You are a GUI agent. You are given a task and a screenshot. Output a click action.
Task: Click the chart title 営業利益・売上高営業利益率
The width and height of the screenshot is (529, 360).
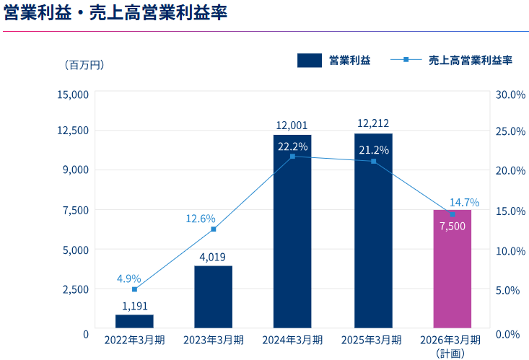coord(115,14)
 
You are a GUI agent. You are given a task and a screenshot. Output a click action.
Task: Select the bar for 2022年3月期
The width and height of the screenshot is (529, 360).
coord(134,320)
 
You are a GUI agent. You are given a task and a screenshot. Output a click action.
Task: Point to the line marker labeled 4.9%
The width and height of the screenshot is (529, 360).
coord(134,289)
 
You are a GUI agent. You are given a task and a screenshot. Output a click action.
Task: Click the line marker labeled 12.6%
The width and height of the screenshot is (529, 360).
coord(214,229)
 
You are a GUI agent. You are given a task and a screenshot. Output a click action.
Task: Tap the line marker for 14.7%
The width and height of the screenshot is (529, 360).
coord(453,214)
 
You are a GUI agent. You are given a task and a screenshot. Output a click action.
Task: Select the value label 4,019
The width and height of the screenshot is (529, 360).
coord(213,256)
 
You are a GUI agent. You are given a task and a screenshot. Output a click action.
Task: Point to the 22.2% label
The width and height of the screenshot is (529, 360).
coord(292,146)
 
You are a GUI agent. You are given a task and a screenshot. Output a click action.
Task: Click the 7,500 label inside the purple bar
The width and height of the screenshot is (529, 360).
coord(453,226)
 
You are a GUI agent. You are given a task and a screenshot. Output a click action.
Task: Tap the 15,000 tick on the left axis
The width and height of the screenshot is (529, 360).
coord(73,95)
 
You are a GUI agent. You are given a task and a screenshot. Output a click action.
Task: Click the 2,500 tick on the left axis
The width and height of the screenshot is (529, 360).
coord(76,289)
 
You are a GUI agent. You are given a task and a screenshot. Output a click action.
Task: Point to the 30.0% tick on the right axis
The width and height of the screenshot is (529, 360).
coord(510,95)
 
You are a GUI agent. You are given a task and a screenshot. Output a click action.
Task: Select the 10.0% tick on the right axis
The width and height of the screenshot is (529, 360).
coord(510,250)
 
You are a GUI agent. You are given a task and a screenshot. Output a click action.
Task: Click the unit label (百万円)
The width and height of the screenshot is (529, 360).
coord(84,65)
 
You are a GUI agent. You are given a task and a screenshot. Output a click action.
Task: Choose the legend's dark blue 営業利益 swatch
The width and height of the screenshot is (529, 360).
coord(309,61)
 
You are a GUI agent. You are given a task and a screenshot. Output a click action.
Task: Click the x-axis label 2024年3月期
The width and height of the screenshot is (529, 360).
coord(292,339)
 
